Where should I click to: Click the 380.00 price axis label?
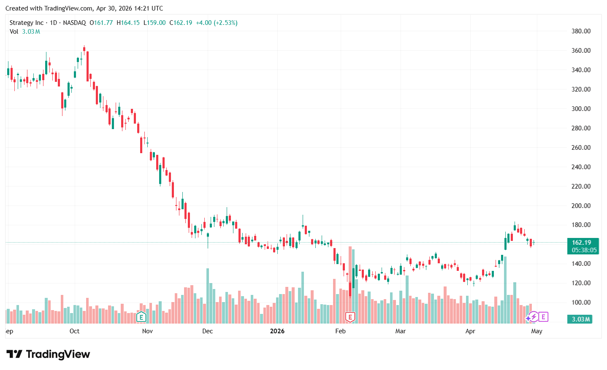click(x=581, y=31)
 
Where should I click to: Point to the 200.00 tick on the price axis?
click(x=581, y=206)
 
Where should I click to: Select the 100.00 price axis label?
click(x=581, y=302)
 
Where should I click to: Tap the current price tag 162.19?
click(x=582, y=243)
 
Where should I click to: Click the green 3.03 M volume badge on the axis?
click(x=581, y=319)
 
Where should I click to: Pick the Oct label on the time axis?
click(x=74, y=331)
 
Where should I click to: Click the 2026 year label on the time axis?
click(x=277, y=331)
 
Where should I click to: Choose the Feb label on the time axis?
click(x=340, y=331)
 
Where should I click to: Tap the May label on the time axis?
click(x=537, y=331)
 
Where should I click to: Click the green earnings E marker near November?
click(x=141, y=317)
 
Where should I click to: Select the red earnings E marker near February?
click(x=350, y=317)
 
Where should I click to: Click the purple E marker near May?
click(x=543, y=316)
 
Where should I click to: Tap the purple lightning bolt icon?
click(x=534, y=316)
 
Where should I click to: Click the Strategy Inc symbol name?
click(x=27, y=23)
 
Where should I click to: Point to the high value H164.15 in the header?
click(x=128, y=23)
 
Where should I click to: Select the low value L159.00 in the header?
click(x=154, y=23)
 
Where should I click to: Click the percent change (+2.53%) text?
click(x=225, y=23)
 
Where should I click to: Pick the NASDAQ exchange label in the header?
click(x=74, y=23)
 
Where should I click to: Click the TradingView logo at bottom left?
click(x=48, y=354)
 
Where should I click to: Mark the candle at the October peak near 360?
click(x=84, y=49)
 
